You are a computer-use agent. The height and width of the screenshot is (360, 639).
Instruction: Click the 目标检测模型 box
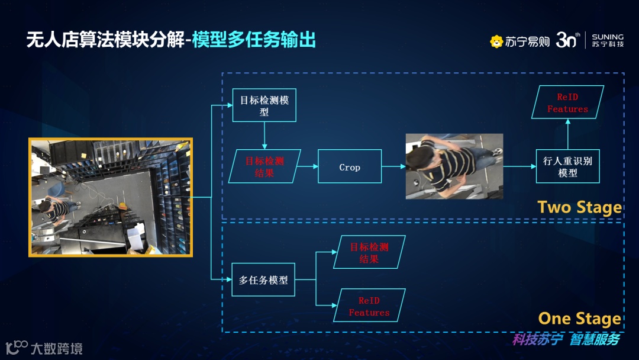(x=264, y=105)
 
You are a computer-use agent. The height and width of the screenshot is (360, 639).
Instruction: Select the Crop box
(x=350, y=166)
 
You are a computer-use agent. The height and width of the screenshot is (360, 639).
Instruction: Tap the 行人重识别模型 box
(x=567, y=166)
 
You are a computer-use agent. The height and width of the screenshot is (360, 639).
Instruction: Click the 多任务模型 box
(x=263, y=279)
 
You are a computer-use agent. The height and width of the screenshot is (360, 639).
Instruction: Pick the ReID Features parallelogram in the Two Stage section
(x=567, y=102)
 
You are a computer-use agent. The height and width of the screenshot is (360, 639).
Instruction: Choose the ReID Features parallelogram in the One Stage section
(x=369, y=306)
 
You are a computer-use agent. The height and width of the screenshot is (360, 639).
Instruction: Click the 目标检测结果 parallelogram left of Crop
(x=264, y=166)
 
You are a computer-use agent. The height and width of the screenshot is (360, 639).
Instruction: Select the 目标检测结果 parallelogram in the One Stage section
(x=369, y=252)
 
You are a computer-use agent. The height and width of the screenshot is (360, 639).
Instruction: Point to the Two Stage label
(x=579, y=207)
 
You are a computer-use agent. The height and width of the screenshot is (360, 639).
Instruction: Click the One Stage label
(x=579, y=319)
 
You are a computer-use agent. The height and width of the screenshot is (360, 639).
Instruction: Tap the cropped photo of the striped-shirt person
(x=454, y=166)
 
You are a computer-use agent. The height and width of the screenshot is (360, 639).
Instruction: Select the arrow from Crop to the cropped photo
(x=393, y=166)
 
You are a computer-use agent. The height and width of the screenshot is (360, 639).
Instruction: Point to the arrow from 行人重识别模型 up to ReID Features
(x=567, y=133)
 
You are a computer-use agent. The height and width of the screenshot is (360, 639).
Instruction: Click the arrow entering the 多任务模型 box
(x=221, y=279)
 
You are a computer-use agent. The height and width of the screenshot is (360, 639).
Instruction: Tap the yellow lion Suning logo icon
(x=496, y=41)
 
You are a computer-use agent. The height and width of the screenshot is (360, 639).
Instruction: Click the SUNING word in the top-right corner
(x=608, y=37)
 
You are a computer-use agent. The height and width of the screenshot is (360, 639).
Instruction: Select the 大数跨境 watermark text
(x=56, y=348)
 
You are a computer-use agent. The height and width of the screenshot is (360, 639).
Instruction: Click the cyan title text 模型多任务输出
(x=254, y=40)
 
